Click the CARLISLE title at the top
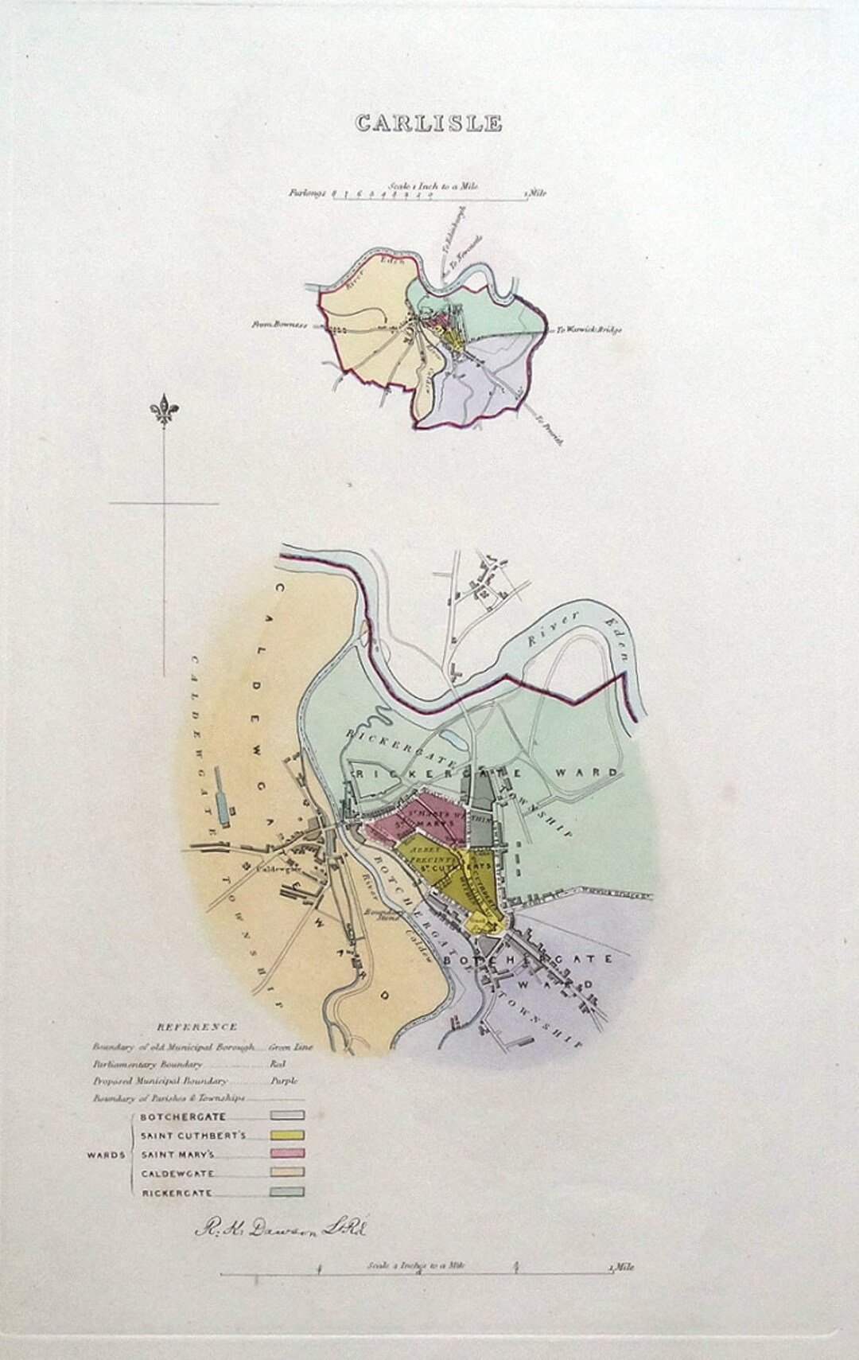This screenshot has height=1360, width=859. click(429, 123)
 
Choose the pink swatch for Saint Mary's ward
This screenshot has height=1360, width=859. click(290, 1154)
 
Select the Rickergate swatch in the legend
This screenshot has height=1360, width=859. click(290, 1192)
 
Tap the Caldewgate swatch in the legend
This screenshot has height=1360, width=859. click(290, 1173)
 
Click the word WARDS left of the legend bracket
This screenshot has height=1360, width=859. click(105, 1155)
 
